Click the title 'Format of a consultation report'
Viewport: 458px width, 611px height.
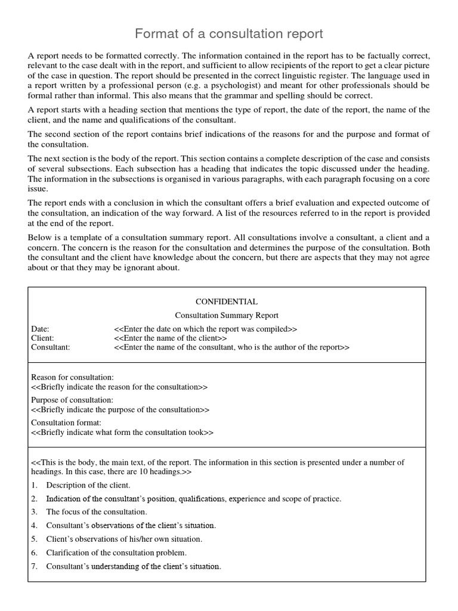[229, 33]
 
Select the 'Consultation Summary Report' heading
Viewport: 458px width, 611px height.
[227, 315]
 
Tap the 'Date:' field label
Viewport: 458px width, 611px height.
[40, 329]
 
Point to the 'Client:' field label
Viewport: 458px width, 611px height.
[42, 338]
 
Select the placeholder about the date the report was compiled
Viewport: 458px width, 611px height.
[205, 329]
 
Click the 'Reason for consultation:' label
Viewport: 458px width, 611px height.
[72, 378]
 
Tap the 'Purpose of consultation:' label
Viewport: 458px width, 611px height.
[72, 400]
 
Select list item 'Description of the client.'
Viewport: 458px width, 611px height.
[88, 485]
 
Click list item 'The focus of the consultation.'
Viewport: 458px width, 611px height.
[97, 511]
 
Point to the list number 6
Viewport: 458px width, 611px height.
[35, 553]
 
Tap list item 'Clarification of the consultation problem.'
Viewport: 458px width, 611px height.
[116, 553]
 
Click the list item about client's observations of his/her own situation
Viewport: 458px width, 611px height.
[124, 539]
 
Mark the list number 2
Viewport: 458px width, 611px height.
[35, 498]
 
